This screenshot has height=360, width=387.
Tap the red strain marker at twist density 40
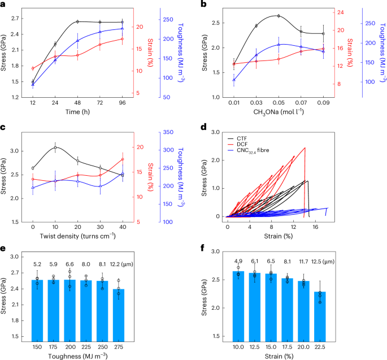tap(122, 159)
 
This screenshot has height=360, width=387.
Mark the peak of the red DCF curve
tap(305, 148)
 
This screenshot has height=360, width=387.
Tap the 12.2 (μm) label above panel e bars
tap(122, 264)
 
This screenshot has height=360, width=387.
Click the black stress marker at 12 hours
tap(33, 82)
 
